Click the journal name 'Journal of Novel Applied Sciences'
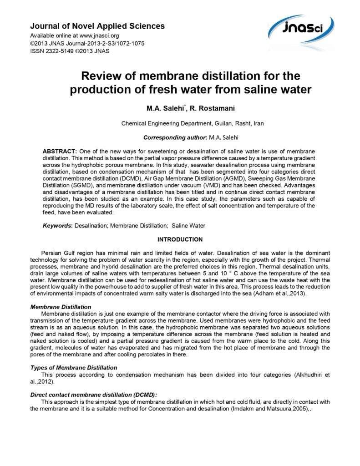coord(97,26)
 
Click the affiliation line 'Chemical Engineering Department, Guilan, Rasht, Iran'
coord(192,123)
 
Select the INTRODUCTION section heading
coord(180,239)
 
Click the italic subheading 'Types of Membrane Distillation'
coord(74,367)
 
